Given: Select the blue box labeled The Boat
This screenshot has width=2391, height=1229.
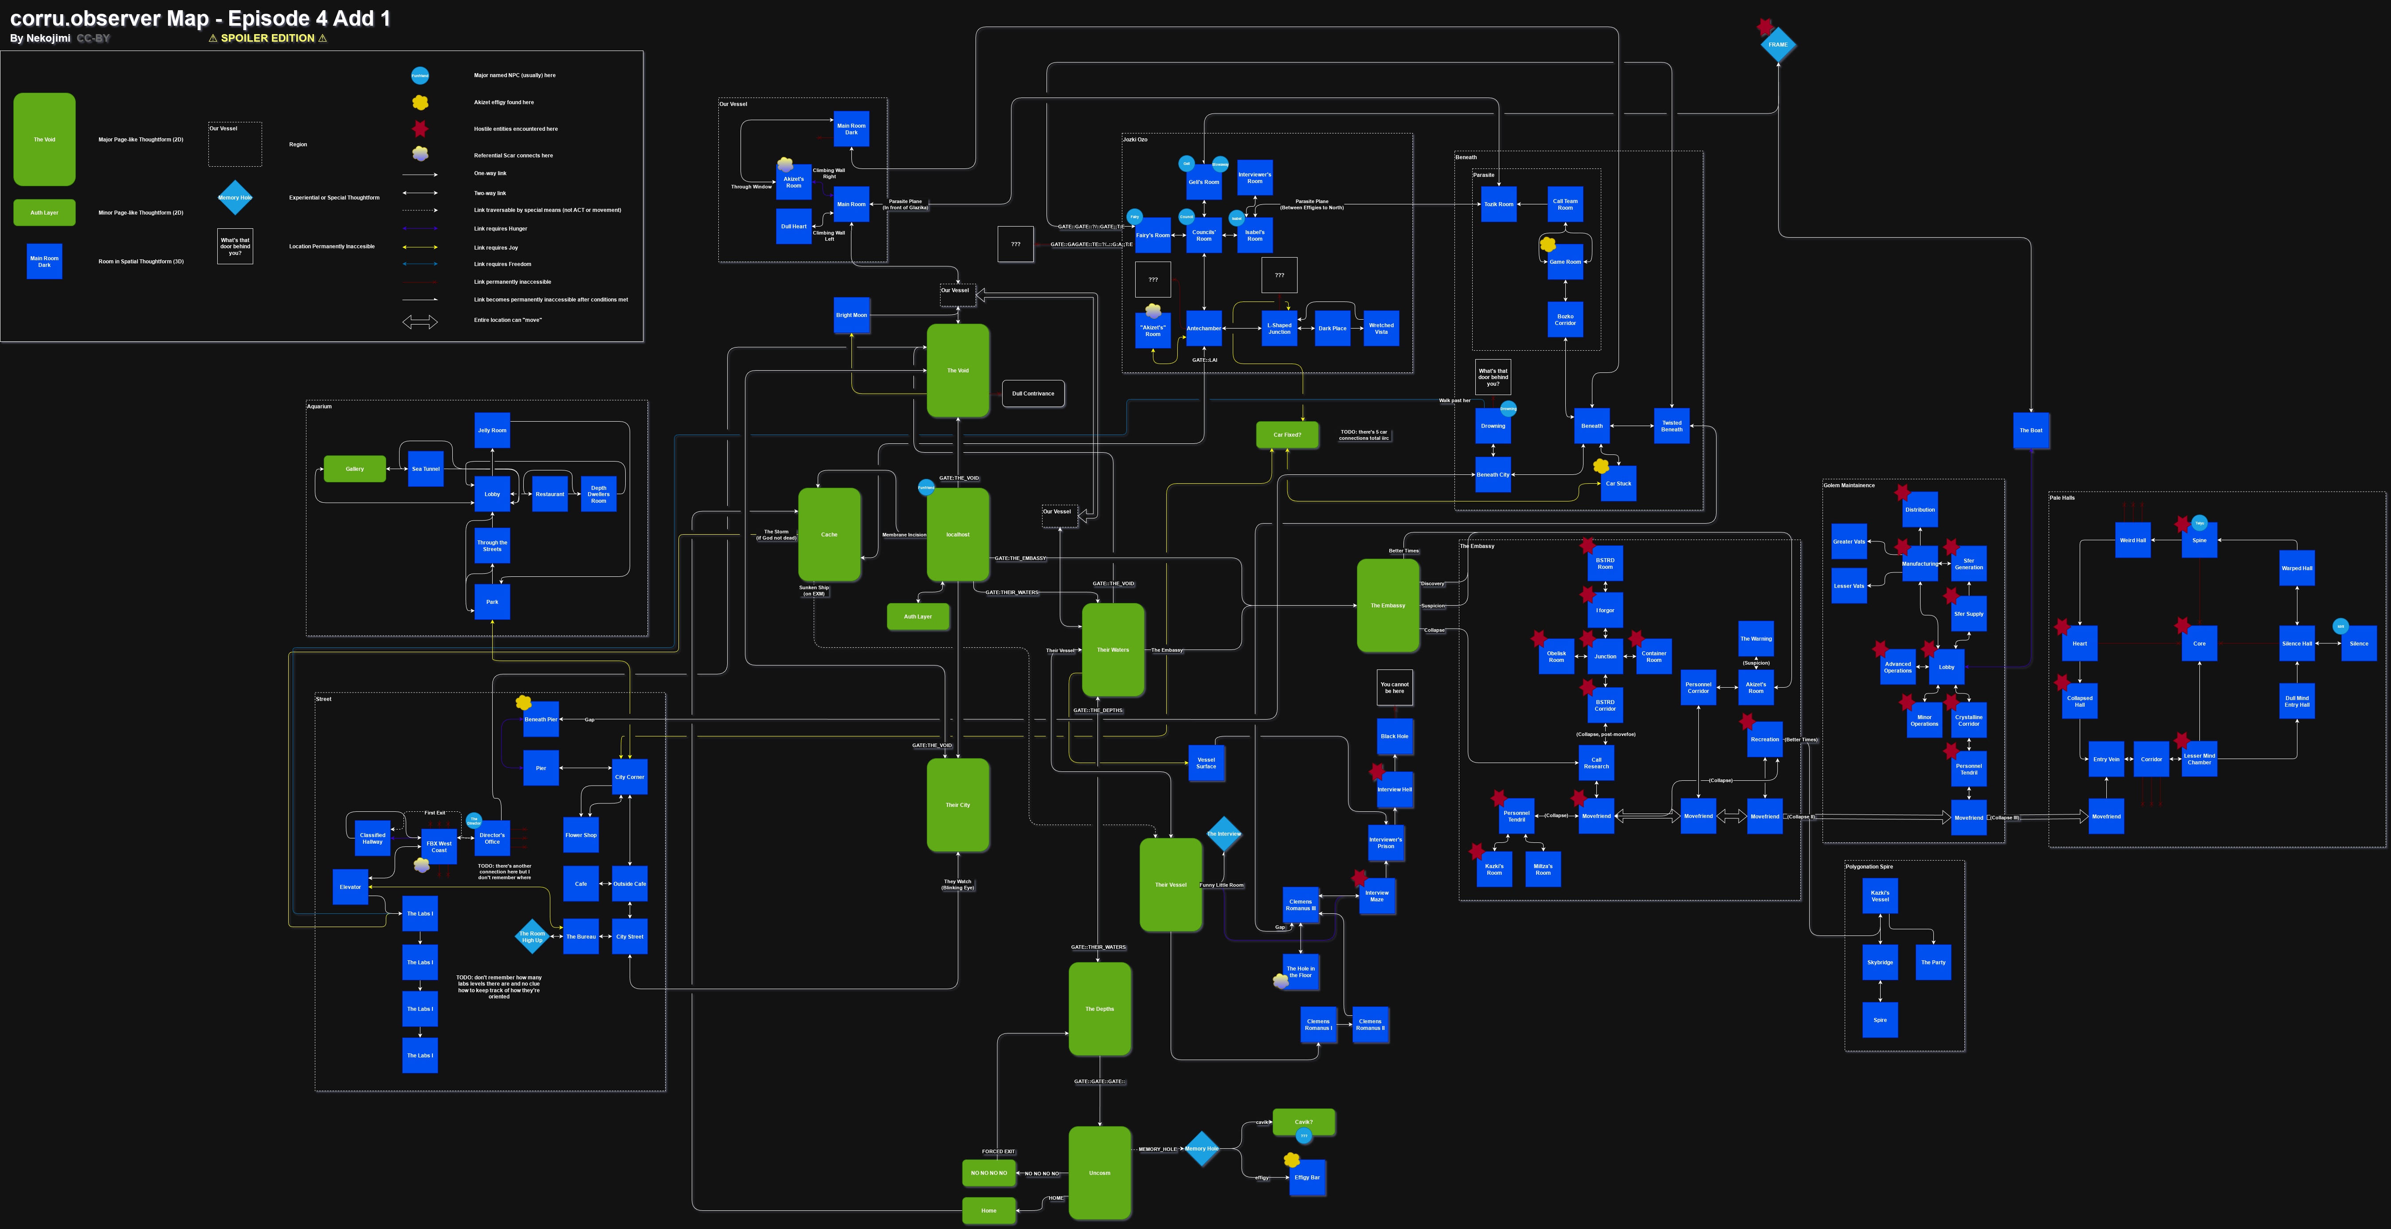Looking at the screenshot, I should pyautogui.click(x=2031, y=430).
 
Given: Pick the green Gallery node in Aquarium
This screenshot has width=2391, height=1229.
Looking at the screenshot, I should pyautogui.click(x=355, y=469).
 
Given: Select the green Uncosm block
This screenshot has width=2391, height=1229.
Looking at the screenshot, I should pyautogui.click(x=1099, y=1172).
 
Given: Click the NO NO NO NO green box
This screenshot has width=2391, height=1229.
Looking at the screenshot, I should pyautogui.click(x=988, y=1172).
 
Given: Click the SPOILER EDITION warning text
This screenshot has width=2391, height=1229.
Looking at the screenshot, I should pyautogui.click(x=267, y=38).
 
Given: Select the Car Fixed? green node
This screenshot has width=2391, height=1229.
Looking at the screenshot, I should pyautogui.click(x=1286, y=434).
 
